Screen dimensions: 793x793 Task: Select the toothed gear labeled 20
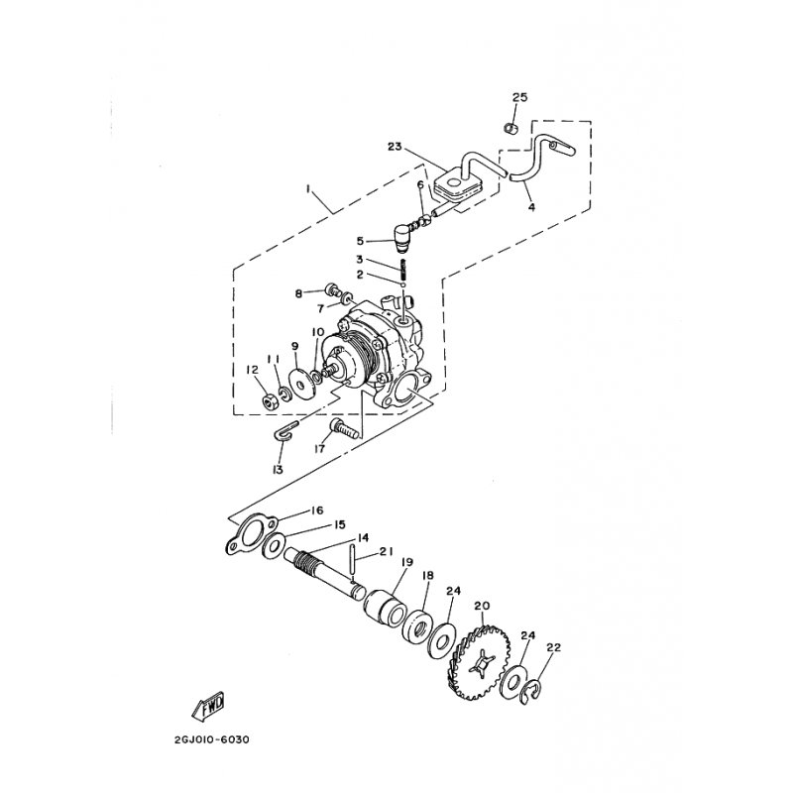(479, 662)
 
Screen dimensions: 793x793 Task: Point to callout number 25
(519, 97)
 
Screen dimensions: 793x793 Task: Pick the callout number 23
(395, 147)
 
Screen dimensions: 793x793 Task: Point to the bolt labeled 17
(344, 428)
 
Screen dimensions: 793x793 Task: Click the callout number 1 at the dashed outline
(307, 188)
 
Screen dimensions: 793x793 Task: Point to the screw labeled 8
(332, 289)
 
